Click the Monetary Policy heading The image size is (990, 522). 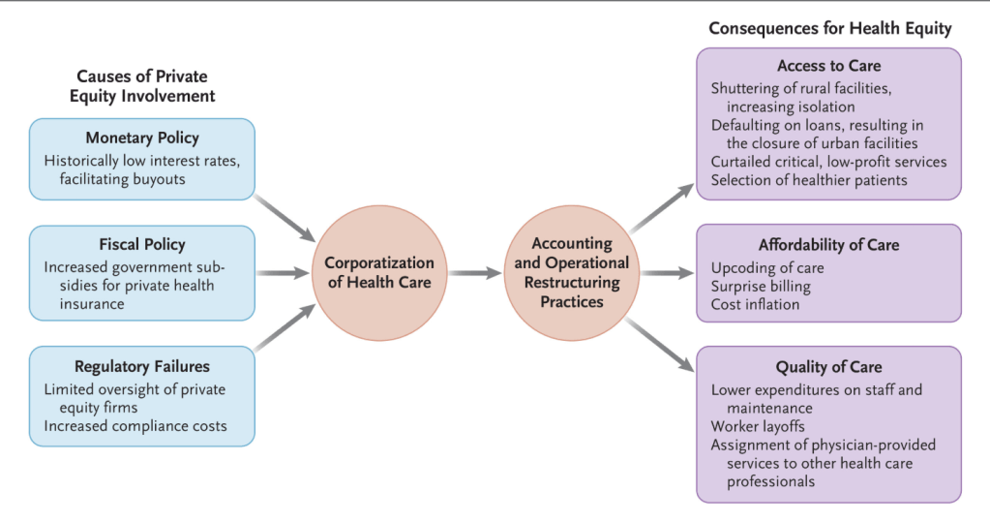141,138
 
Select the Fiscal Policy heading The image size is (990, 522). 141,245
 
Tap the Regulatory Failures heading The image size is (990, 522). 141,367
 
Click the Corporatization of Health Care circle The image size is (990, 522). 378,272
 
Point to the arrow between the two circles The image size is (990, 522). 475,273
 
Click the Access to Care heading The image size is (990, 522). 828,66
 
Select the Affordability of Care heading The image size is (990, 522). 828,245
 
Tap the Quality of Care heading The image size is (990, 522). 828,367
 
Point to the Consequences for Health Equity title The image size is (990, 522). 829,28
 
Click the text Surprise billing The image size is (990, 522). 761,287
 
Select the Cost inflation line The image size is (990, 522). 755,304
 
